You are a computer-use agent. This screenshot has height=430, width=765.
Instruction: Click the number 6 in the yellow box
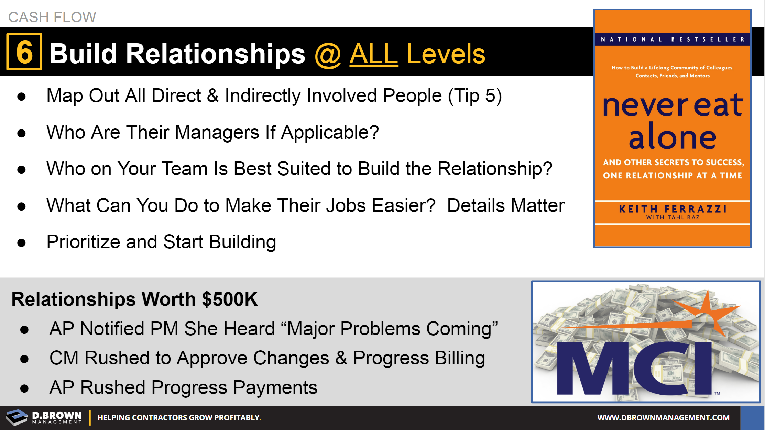(24, 52)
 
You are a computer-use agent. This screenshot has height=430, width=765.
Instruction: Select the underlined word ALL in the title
(374, 54)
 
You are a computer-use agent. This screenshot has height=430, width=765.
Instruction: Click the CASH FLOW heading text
(52, 17)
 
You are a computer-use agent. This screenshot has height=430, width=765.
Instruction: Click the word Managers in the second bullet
(217, 132)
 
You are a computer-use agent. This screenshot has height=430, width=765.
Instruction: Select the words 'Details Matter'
(506, 205)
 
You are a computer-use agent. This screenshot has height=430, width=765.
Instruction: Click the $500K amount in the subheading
(230, 299)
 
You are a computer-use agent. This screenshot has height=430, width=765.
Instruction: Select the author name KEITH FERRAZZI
(673, 209)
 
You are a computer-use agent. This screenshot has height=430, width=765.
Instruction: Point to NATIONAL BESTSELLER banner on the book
(673, 39)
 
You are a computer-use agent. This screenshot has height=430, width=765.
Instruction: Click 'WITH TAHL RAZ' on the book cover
(673, 217)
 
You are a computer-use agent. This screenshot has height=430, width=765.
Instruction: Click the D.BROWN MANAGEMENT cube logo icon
(17, 417)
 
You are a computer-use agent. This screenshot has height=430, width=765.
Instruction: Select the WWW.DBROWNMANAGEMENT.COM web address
(663, 418)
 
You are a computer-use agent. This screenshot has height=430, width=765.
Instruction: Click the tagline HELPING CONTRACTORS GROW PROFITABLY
(179, 418)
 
